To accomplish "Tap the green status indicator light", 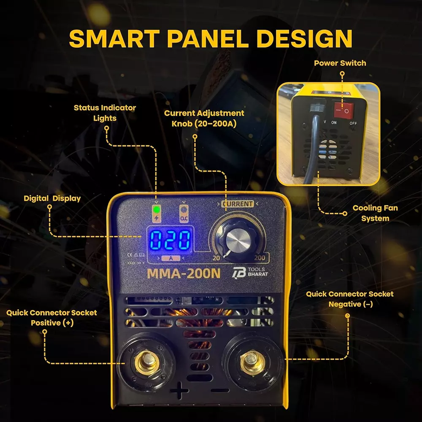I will pos(156,209).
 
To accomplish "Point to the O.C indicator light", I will pos(184,209).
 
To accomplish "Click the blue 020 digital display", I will pos(170,240).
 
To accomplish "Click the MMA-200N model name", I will pos(184,273).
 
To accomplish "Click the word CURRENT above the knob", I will pos(238,204).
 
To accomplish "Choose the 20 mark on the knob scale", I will pos(216,258).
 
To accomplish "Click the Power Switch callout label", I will pos(340,63).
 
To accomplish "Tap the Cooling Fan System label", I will pos(375,213).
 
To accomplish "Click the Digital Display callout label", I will pos(52,198).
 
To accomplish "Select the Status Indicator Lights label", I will pos(105,113).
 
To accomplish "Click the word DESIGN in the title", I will pos(304,39).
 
